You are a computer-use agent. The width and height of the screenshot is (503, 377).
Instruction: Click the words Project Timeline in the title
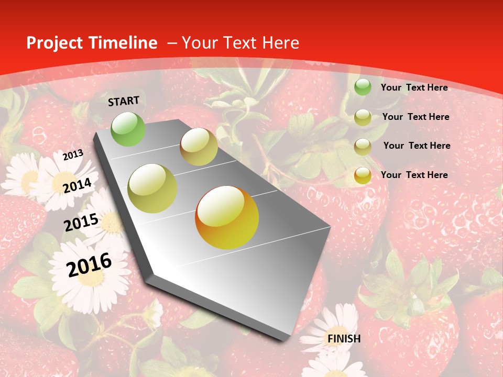pyautogui.click(x=92, y=43)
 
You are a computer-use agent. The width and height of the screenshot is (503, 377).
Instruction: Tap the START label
pyautogui.click(x=124, y=101)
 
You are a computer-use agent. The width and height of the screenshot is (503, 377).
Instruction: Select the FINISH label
pyautogui.click(x=344, y=339)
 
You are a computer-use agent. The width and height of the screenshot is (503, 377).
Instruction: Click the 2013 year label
pyautogui.click(x=73, y=155)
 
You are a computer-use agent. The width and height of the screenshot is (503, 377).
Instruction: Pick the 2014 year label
pyautogui.click(x=77, y=185)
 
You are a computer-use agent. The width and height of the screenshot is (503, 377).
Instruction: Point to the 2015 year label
pyautogui.click(x=81, y=223)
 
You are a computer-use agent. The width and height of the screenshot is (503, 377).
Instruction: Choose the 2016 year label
pyautogui.click(x=89, y=264)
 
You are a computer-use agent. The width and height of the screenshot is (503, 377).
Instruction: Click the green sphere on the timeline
pyautogui.click(x=128, y=129)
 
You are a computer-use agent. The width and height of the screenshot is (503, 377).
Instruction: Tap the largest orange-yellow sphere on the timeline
pyautogui.click(x=227, y=217)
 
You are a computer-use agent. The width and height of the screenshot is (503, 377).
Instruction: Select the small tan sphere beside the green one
pyautogui.click(x=199, y=147)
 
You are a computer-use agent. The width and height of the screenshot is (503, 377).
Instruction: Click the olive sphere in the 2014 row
pyautogui.click(x=152, y=188)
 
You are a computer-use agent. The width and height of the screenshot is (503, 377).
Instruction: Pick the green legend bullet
pyautogui.click(x=363, y=87)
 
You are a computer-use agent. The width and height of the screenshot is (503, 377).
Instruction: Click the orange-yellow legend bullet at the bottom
pyautogui.click(x=363, y=175)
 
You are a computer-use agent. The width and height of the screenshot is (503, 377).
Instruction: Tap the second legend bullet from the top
pyautogui.click(x=363, y=117)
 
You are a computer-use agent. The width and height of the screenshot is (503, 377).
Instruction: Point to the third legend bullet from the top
pyautogui.click(x=363, y=147)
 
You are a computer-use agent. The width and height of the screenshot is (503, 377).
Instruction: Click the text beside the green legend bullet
pyautogui.click(x=414, y=87)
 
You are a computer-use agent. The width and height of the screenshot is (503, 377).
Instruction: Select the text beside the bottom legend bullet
pyautogui.click(x=414, y=175)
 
